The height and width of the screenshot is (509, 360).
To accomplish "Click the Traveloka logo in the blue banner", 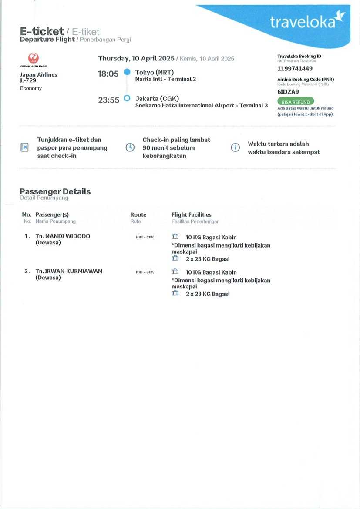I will tap(307, 21).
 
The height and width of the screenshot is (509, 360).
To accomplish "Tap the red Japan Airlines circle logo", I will tap(33, 58).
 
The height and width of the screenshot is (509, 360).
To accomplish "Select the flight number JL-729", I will tap(28, 80).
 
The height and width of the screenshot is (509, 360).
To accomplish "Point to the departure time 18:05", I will tap(108, 74).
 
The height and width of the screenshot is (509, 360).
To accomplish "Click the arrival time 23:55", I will tap(108, 100).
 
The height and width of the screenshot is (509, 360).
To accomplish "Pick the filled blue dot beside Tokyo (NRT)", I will tap(127, 72).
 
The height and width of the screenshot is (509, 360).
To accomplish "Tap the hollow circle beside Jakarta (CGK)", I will tap(127, 98).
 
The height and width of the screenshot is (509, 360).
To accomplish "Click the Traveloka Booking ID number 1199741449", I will tap(295, 69).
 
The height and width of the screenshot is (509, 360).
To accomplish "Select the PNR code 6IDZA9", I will tap(288, 92).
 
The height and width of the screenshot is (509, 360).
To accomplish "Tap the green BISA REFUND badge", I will tap(296, 102).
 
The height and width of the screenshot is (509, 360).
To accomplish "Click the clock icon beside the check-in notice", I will tap(130, 147).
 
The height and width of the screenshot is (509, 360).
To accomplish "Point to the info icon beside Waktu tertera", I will tap(235, 147).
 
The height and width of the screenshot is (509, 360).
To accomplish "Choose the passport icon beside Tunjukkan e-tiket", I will tap(25, 147).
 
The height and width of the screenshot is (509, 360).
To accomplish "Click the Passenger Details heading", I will tap(55, 191).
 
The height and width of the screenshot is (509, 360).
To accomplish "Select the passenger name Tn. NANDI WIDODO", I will tap(63, 236).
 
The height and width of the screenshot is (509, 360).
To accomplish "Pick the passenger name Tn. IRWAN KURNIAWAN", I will tap(69, 271).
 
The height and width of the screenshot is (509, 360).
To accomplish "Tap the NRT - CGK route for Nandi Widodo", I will tap(145, 237).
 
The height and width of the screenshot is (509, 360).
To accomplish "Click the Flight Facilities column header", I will tap(191, 214).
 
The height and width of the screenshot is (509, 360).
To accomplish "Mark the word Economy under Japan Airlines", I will tap(30, 88).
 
